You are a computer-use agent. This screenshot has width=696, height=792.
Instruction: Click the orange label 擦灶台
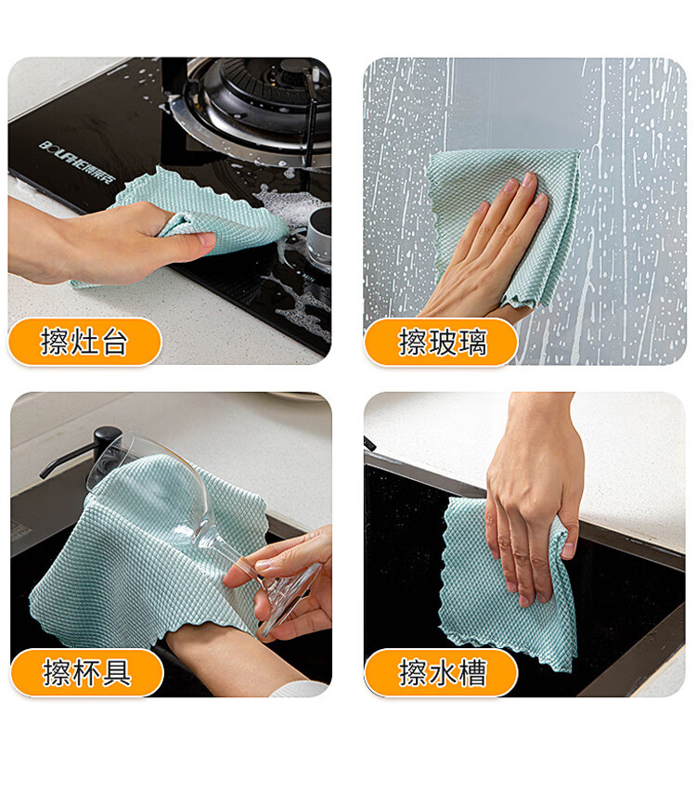84,342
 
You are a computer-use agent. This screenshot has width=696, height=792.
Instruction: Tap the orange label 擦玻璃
441,342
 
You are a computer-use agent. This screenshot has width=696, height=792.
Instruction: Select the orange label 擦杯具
87,672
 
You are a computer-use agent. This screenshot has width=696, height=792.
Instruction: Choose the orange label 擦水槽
441,672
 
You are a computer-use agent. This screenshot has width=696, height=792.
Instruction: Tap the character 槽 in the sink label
471,672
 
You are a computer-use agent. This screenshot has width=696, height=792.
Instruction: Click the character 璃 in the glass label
471,342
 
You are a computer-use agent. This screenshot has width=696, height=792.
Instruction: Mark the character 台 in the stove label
114,342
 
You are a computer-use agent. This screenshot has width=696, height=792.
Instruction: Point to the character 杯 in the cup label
87,672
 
